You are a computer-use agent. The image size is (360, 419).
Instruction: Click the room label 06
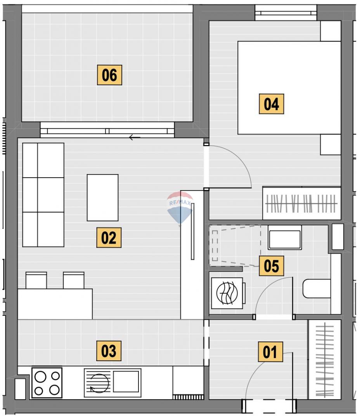[x=109, y=75]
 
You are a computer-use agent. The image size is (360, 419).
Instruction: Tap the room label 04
[x=271, y=104]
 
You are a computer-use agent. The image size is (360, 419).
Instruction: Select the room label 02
[x=109, y=237]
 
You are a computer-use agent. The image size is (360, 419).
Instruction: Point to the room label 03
[x=109, y=351]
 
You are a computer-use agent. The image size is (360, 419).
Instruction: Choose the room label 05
[x=271, y=266]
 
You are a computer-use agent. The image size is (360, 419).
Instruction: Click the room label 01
[x=270, y=352]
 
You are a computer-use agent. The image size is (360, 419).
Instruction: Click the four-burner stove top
[x=47, y=383]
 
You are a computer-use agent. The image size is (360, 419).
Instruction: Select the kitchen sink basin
[x=126, y=381]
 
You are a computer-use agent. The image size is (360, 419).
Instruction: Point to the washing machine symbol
[x=227, y=293]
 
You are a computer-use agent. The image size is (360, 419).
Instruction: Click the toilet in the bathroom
[x=317, y=289]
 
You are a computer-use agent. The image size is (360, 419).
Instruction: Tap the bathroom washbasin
[x=285, y=237]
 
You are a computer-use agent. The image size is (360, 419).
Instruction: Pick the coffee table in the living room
[x=103, y=198]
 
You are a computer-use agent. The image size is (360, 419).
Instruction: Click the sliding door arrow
[x=135, y=138]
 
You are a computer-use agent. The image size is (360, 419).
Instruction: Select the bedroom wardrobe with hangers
[x=301, y=203]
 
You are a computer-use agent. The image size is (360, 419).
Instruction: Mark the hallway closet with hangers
[x=324, y=359]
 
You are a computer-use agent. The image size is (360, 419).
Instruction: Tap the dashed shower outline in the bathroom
[x=235, y=246]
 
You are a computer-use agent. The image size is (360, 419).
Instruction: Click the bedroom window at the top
[x=286, y=12]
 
